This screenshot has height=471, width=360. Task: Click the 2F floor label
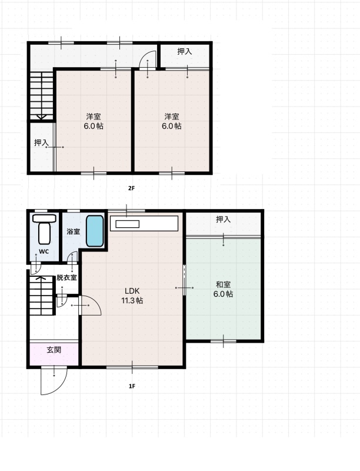click(x=131, y=188)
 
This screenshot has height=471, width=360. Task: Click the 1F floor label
click(x=132, y=386)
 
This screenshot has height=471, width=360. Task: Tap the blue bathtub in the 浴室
click(x=95, y=231)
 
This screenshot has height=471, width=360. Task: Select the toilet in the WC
click(x=44, y=229)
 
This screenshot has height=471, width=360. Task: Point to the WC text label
click(x=44, y=252)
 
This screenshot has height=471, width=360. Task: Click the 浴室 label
click(x=73, y=231)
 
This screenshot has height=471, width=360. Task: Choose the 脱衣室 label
click(x=66, y=277)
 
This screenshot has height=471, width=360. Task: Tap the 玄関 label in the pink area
click(x=54, y=350)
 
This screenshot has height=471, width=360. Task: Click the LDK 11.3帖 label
click(x=132, y=296)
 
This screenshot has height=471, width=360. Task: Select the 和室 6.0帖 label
click(x=223, y=289)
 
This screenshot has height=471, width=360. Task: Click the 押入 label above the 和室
click(x=223, y=220)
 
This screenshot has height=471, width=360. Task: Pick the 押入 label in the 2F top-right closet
click(x=185, y=51)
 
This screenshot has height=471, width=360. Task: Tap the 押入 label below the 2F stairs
click(x=41, y=142)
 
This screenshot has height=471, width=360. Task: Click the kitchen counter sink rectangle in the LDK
click(x=127, y=224)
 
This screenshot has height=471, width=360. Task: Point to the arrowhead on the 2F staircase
click(x=41, y=117)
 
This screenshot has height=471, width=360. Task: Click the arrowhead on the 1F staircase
click(x=41, y=278)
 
